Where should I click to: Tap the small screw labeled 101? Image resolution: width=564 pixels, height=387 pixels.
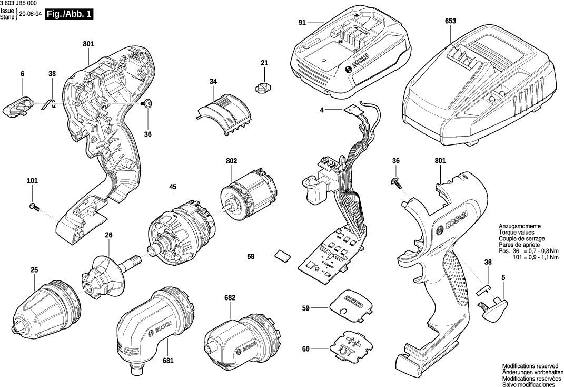click(x=34, y=207)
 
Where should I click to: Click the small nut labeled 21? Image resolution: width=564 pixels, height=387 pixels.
click(x=263, y=86)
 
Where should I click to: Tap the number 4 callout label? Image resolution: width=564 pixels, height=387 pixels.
click(x=321, y=110)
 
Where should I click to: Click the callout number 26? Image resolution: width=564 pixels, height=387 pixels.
click(x=108, y=235)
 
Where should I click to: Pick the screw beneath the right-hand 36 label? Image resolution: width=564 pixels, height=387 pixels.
click(x=396, y=182)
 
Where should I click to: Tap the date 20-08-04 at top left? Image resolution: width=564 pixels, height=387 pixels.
click(x=30, y=14)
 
